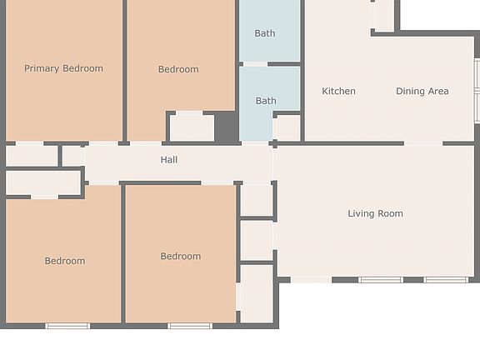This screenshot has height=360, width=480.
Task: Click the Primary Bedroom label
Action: pos(63,68)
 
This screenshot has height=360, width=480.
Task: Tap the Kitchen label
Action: pos(338,91)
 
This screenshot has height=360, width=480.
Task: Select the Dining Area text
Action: pos(422,91)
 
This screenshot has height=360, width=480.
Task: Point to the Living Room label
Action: pos(375,213)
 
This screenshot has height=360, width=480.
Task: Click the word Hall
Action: pos(169,159)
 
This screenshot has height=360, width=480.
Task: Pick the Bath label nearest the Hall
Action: pos(266,101)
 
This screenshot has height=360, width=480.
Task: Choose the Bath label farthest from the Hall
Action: pos(265,33)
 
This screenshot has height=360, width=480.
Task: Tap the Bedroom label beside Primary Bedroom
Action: pos(178,69)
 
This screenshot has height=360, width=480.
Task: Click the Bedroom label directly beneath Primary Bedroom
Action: pos(65,261)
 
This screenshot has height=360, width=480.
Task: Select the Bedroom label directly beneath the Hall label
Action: pos(181,256)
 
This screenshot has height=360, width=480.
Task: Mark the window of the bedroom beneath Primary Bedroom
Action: pos(67,326)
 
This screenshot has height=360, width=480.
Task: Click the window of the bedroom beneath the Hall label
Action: pos(190,326)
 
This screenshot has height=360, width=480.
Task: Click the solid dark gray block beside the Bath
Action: pos(227,127)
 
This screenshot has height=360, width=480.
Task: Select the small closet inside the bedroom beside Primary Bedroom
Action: pos(192,127)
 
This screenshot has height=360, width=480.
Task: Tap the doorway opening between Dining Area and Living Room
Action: pos(423,144)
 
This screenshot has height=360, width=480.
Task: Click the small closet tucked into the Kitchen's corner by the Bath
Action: pos(287,127)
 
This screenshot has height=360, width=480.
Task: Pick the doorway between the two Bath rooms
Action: pos(255,64)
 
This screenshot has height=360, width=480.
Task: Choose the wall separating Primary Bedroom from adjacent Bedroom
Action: pos(124,71)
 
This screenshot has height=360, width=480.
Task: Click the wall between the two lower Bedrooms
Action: pos(122,254)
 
